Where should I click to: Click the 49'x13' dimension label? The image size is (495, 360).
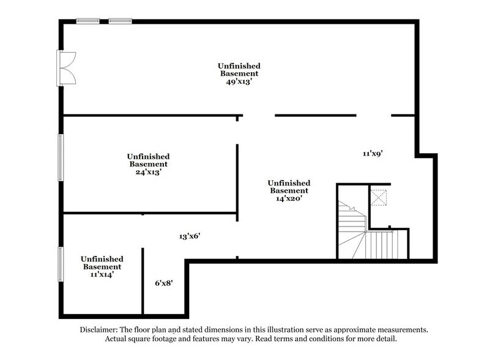coord(239,81)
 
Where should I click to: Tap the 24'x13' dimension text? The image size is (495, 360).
coord(148,172)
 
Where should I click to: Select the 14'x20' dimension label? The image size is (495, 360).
coord(288,198)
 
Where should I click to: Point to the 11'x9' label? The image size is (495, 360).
coord(373,154)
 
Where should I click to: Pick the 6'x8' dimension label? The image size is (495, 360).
coord(163,283)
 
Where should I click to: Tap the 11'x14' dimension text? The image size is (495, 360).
coord(102,275)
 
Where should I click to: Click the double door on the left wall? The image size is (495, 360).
coord(65,68)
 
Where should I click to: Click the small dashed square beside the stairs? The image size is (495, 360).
coord(379,198)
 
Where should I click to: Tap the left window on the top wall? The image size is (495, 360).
coord(88,21)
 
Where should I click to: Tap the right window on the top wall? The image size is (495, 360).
coord(120,21)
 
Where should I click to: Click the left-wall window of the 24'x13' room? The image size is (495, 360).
coord(60,157)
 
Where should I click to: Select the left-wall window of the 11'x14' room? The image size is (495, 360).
coord(60,263)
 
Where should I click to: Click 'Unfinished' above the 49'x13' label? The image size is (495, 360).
coord(239,66)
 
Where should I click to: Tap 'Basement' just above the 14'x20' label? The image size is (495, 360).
coord(288,190)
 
